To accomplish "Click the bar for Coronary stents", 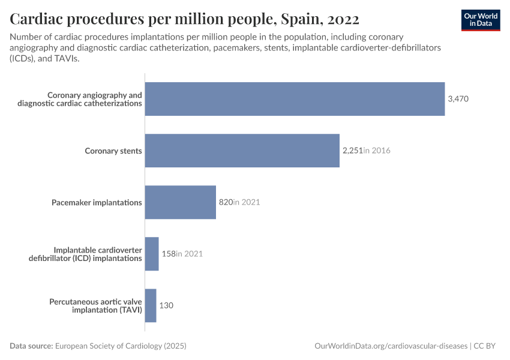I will [242, 151].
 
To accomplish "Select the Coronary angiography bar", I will [295, 99].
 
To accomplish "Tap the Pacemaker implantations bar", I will [180, 202].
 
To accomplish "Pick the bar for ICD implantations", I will [152, 254].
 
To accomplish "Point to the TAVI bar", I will [151, 305].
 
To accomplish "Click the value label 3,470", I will [458, 99].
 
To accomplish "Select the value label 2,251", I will [352, 151].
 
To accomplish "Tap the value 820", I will [225, 202].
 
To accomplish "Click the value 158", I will [168, 254].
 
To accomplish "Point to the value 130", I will [166, 305].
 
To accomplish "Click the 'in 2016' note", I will [377, 151].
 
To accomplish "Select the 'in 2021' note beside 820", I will [247, 202].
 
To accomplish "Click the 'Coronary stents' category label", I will [113, 151].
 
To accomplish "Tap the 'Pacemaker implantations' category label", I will [97, 202].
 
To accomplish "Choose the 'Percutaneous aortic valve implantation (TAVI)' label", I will [95, 305].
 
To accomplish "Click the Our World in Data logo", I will [481, 20].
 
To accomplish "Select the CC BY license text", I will [487, 346].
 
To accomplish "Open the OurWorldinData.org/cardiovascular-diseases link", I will [391, 346].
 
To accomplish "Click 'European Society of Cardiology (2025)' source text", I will [121, 346].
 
